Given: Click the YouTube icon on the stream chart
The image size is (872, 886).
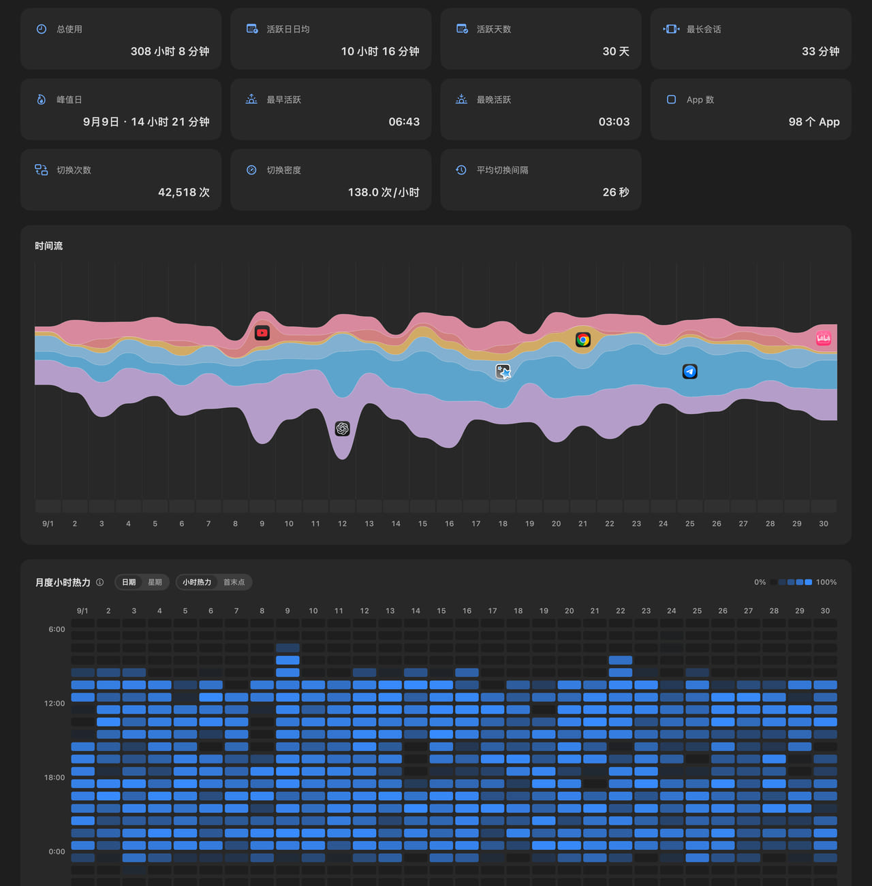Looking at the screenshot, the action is point(262,333).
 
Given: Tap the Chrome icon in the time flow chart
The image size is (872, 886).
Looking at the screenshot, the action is point(583,340).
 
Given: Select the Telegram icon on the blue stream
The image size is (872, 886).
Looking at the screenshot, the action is point(690,372).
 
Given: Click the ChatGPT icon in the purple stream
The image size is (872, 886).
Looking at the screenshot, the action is point(343,428).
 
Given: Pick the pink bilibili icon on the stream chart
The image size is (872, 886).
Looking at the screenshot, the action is point(824,339).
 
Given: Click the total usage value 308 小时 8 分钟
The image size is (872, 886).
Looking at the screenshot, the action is point(170,52).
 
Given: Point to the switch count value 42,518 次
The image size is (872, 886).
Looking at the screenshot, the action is point(184,192).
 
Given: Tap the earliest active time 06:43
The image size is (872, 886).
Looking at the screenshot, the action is point(404,122).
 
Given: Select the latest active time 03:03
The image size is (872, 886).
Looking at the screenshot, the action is point(614,122).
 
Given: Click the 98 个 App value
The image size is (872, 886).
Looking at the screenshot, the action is point(814,122).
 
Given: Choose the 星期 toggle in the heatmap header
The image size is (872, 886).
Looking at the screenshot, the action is point(155,582).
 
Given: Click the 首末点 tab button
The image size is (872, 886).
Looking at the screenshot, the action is point(234,582).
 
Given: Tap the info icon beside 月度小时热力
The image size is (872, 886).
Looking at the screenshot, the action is point(100,582).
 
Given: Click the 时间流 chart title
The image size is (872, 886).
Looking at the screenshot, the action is point(49,246).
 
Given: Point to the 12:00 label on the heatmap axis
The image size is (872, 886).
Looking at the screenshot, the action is point(54,703).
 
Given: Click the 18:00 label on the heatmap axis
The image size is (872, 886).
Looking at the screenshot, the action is point(54,778).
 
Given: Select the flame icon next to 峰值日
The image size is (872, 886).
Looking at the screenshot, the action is point(42,99).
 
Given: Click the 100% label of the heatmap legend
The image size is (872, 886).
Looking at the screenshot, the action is point(826,582).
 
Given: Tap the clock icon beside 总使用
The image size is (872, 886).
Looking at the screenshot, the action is point(42,29).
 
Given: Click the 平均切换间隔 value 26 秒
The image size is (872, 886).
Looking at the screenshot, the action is point(616,192).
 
